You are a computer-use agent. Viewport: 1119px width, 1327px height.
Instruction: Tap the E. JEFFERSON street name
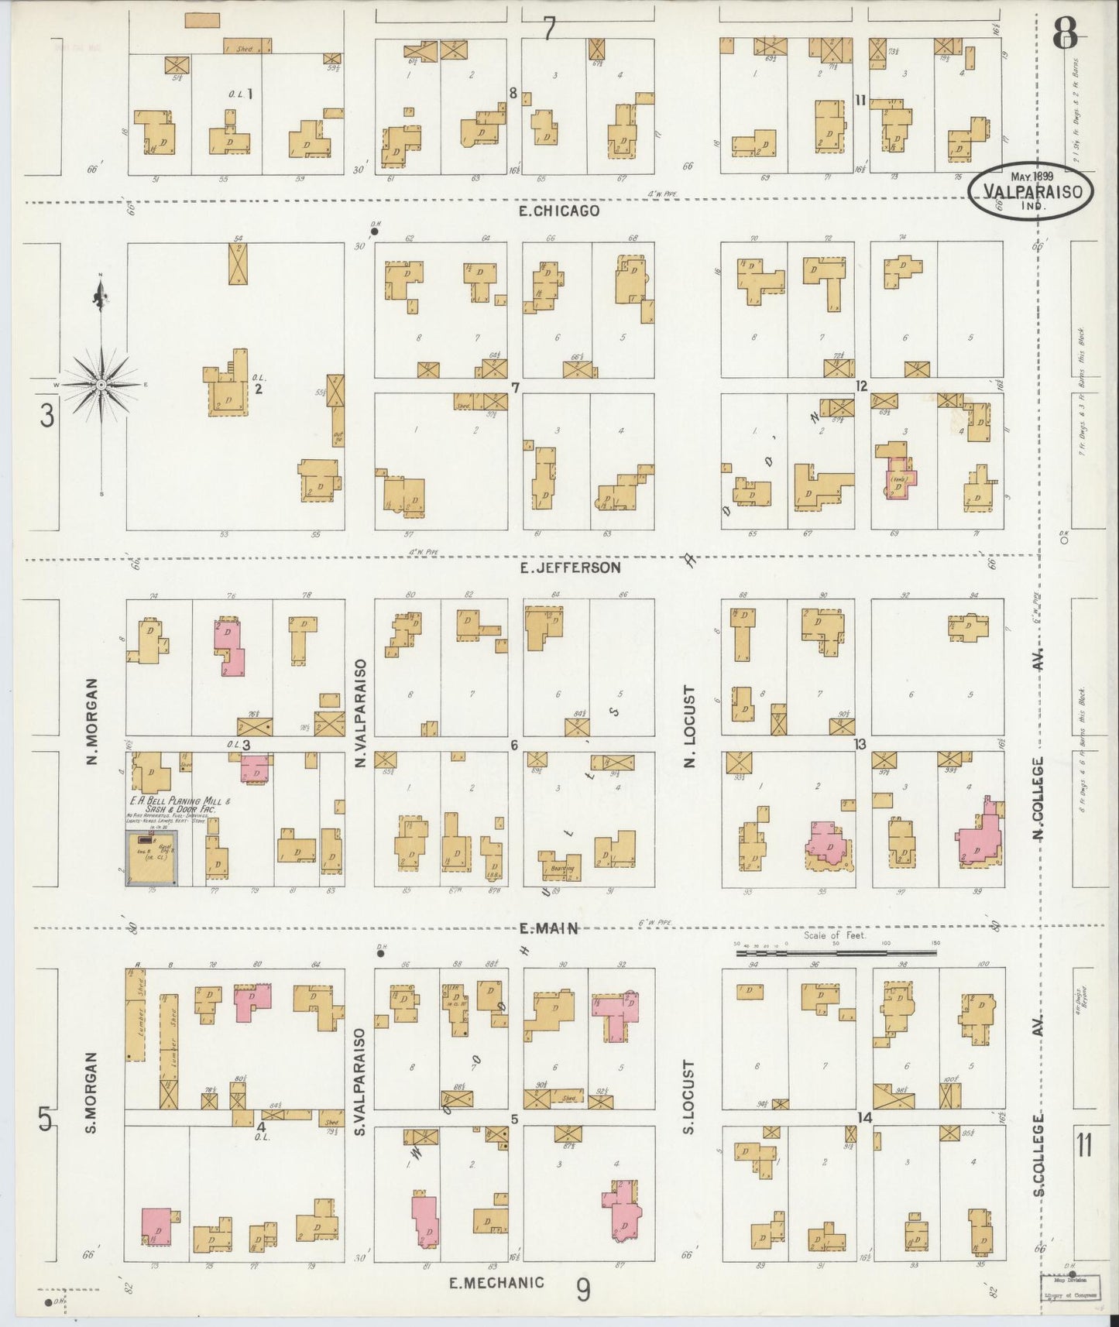point(571,567)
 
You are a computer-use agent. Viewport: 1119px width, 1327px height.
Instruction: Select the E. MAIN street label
point(550,928)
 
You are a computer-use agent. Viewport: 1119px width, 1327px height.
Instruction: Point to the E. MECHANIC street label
point(497,1282)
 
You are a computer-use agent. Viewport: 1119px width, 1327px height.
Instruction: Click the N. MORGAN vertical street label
point(91,722)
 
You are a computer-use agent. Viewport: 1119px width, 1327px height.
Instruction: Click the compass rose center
point(101,384)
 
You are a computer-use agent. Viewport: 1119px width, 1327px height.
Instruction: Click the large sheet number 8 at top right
point(1066,32)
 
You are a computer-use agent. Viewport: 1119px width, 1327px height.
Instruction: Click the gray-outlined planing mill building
point(152,857)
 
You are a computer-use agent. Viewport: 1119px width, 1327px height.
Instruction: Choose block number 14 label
point(865,1117)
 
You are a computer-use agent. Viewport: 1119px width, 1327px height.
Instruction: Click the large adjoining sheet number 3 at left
point(47,417)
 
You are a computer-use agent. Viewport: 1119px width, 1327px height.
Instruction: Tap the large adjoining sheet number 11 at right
point(1085,1144)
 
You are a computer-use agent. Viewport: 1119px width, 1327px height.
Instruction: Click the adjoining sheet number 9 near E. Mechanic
point(584,1290)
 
